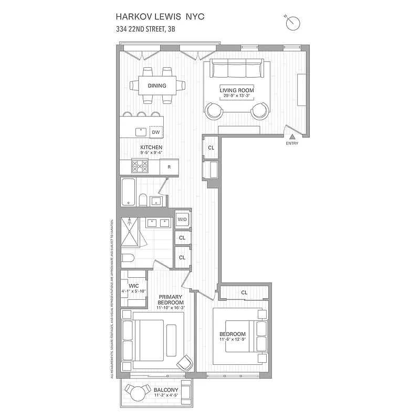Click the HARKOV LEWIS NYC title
[161, 17]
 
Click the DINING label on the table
[156, 86]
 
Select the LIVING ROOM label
[237, 90]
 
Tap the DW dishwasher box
[156, 132]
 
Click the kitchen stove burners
[140, 166]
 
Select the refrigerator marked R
[169, 167]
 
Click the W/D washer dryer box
[182, 219]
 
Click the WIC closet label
[133, 286]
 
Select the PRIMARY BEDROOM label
[171, 300]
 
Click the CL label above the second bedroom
[244, 292]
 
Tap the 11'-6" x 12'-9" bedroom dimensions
[233, 340]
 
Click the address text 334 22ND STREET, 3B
[145, 30]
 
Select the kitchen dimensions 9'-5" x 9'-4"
[151, 152]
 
